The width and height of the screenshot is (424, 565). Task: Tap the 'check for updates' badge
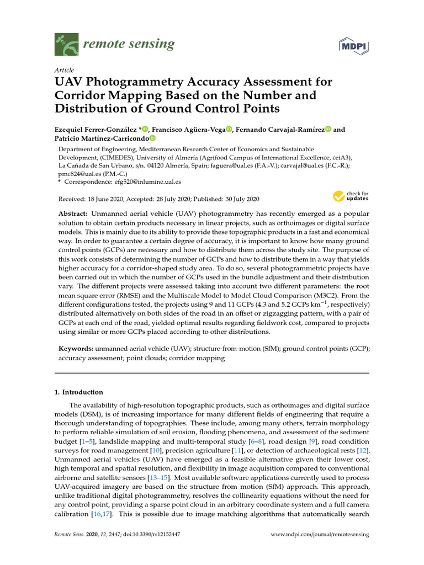350,196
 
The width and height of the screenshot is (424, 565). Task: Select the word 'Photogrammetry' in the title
125,82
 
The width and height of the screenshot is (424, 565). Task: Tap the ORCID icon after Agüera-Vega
229,129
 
